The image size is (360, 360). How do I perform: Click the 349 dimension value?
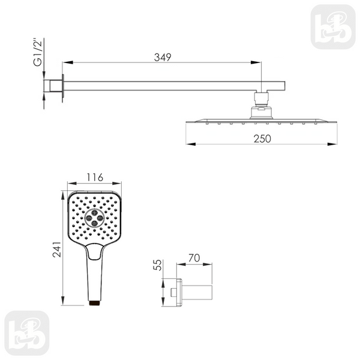[x=163, y=58]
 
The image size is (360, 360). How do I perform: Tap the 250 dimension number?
[x=262, y=139]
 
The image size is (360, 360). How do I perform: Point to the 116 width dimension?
[x=95, y=178]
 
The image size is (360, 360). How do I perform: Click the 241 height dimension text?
[x=57, y=249]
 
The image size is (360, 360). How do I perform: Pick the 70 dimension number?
[x=194, y=258]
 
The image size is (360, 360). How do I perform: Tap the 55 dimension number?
[x=157, y=265]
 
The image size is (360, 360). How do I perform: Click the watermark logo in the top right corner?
[x=333, y=27]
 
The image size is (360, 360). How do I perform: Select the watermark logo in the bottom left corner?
[x=27, y=333]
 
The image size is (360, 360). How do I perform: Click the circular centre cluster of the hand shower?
[x=94, y=218]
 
